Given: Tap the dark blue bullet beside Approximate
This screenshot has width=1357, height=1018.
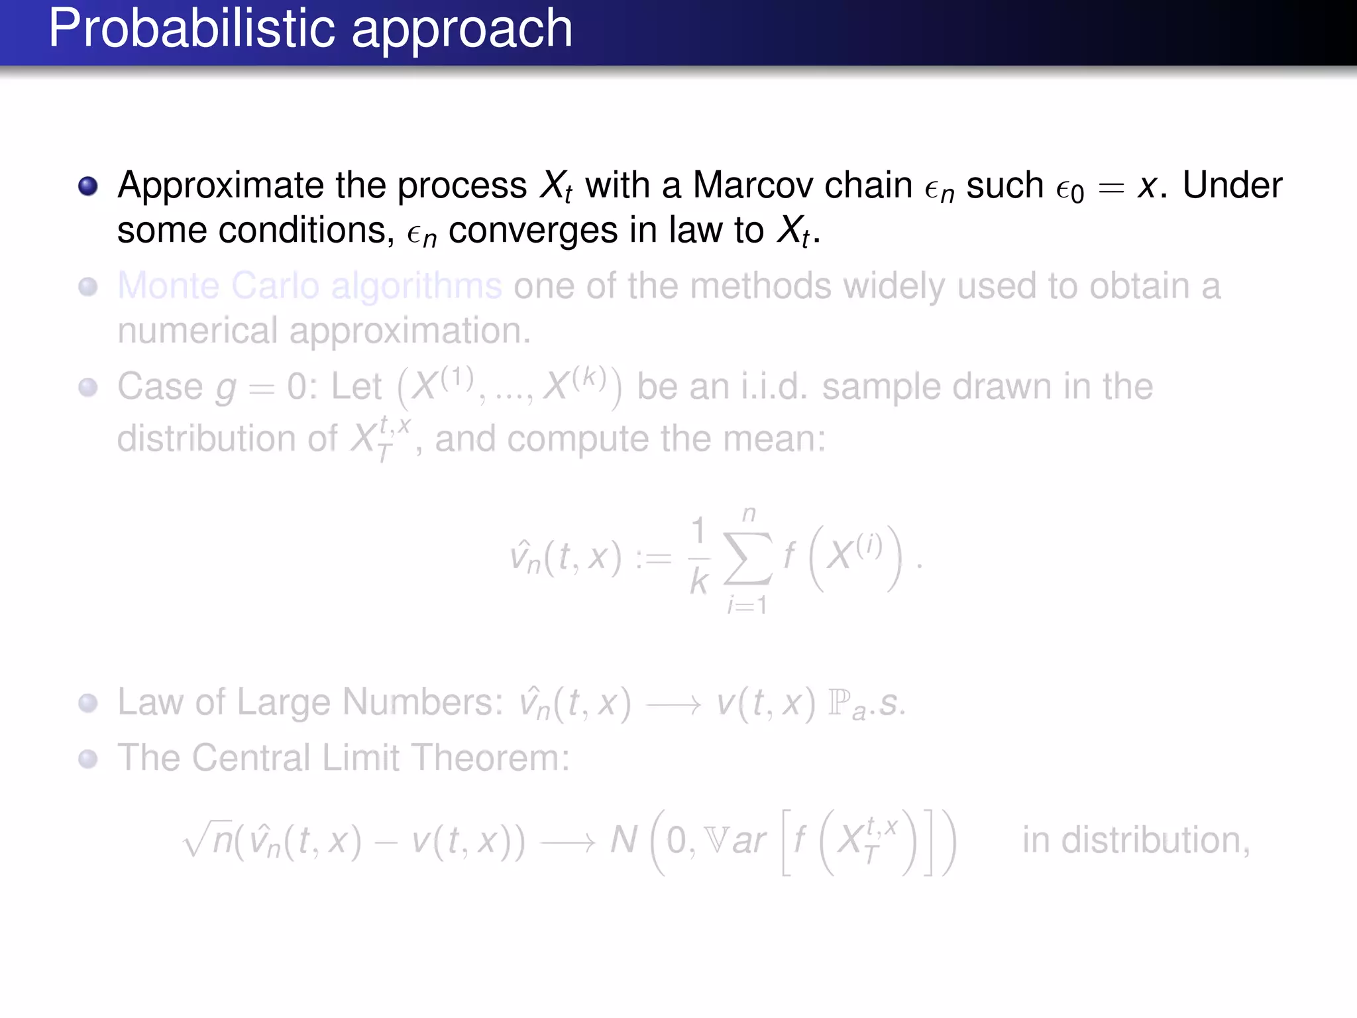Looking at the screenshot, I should (x=88, y=186).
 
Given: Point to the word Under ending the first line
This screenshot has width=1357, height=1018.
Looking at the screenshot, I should (x=1232, y=185).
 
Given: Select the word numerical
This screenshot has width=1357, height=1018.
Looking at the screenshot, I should (x=197, y=331).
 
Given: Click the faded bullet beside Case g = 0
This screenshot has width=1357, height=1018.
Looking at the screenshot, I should (x=88, y=387).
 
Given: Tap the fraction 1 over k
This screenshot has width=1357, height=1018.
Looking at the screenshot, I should (x=699, y=557).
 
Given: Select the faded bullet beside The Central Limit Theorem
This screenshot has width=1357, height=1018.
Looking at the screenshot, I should (x=88, y=759).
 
